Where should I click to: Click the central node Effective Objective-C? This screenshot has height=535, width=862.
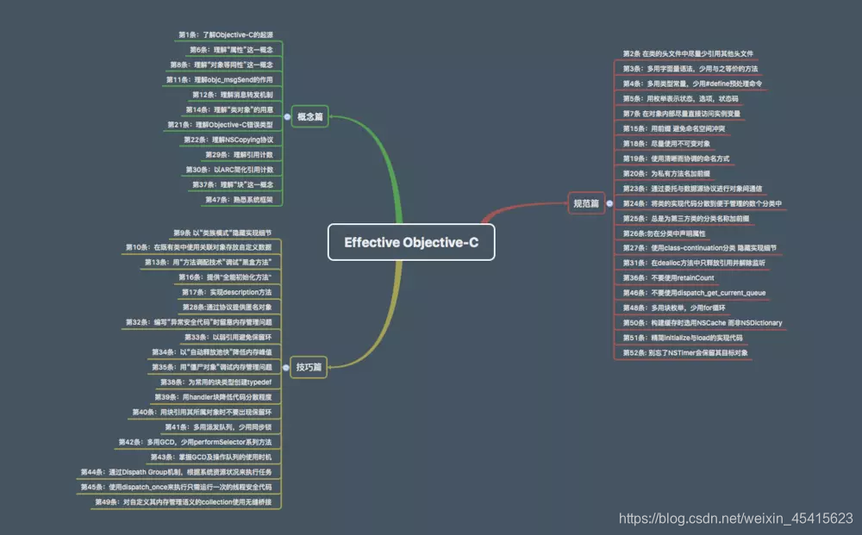click(411, 242)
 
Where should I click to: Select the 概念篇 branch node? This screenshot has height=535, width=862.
click(309, 116)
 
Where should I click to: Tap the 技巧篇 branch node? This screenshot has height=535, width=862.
click(309, 367)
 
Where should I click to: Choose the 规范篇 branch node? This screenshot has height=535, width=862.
click(586, 203)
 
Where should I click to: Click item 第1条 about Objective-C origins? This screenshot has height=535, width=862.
click(231, 34)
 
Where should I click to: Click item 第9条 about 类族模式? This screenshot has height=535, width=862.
click(222, 233)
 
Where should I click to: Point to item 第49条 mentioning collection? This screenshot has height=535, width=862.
click(187, 501)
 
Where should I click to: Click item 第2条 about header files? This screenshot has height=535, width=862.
click(688, 53)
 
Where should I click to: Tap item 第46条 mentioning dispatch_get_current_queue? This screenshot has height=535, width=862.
click(694, 293)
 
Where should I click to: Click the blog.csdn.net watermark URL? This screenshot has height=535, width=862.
click(736, 518)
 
